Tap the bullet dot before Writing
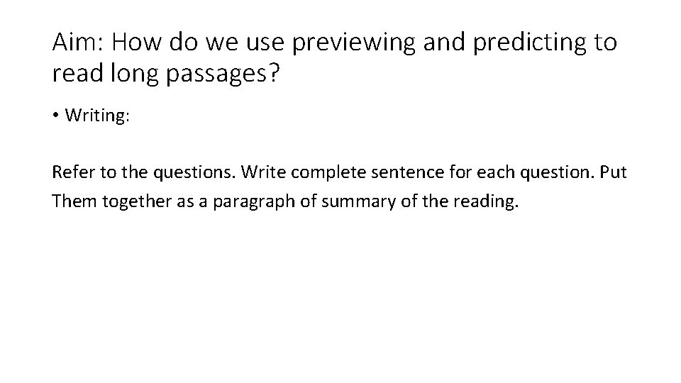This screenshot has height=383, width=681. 56,116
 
